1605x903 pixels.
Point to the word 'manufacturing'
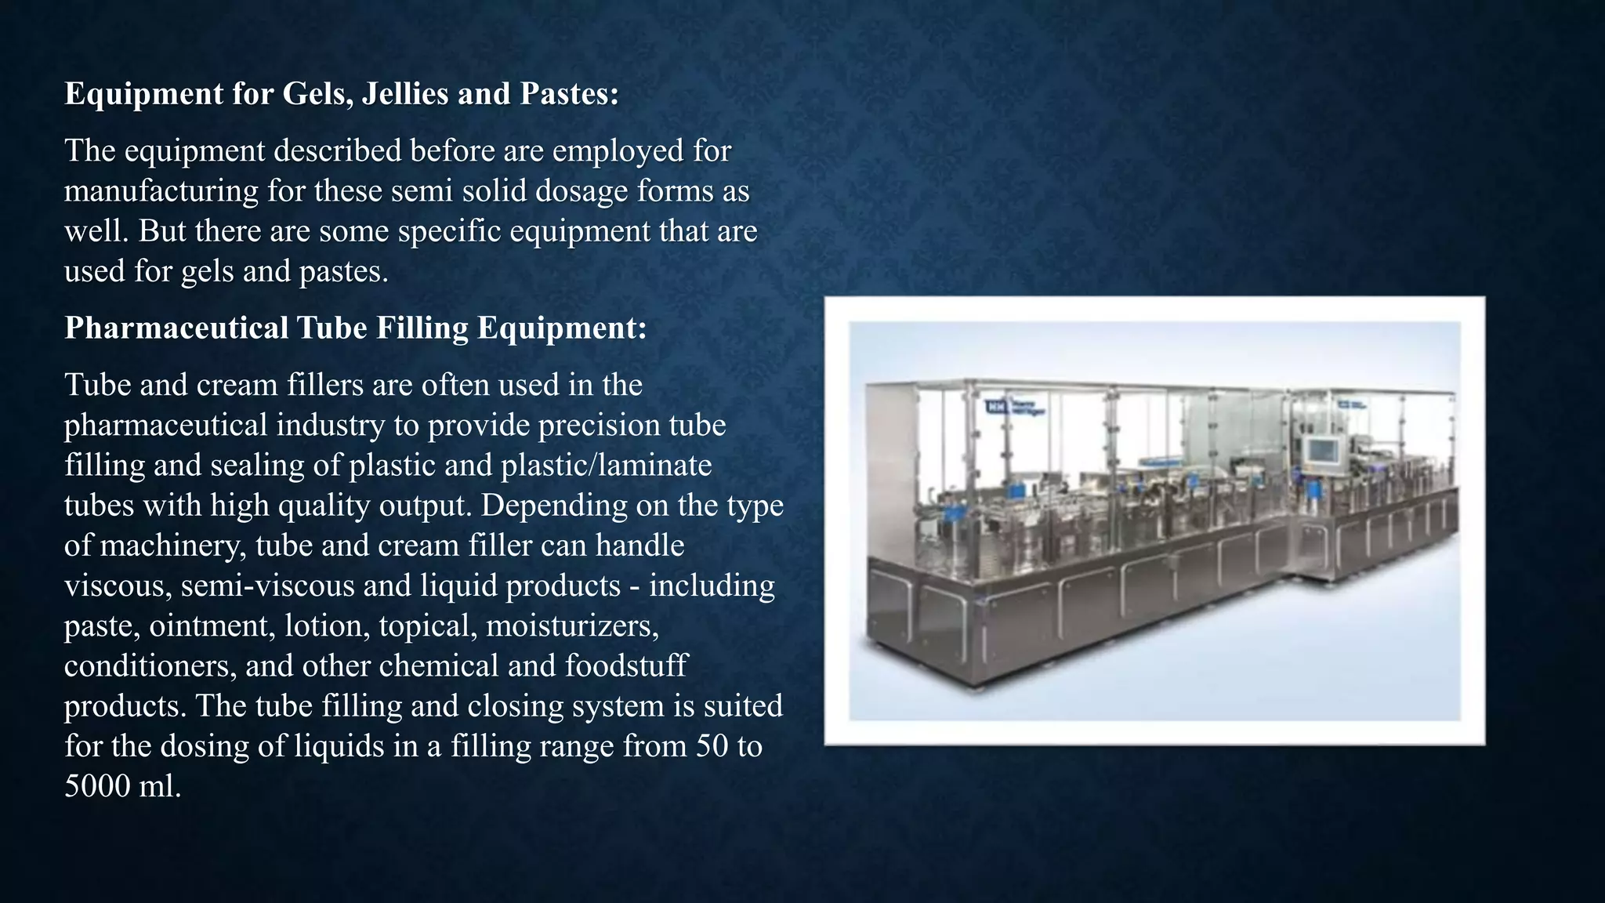tap(161, 191)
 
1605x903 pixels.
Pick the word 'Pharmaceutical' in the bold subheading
tap(176, 328)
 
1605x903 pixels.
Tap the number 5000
tap(97, 786)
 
